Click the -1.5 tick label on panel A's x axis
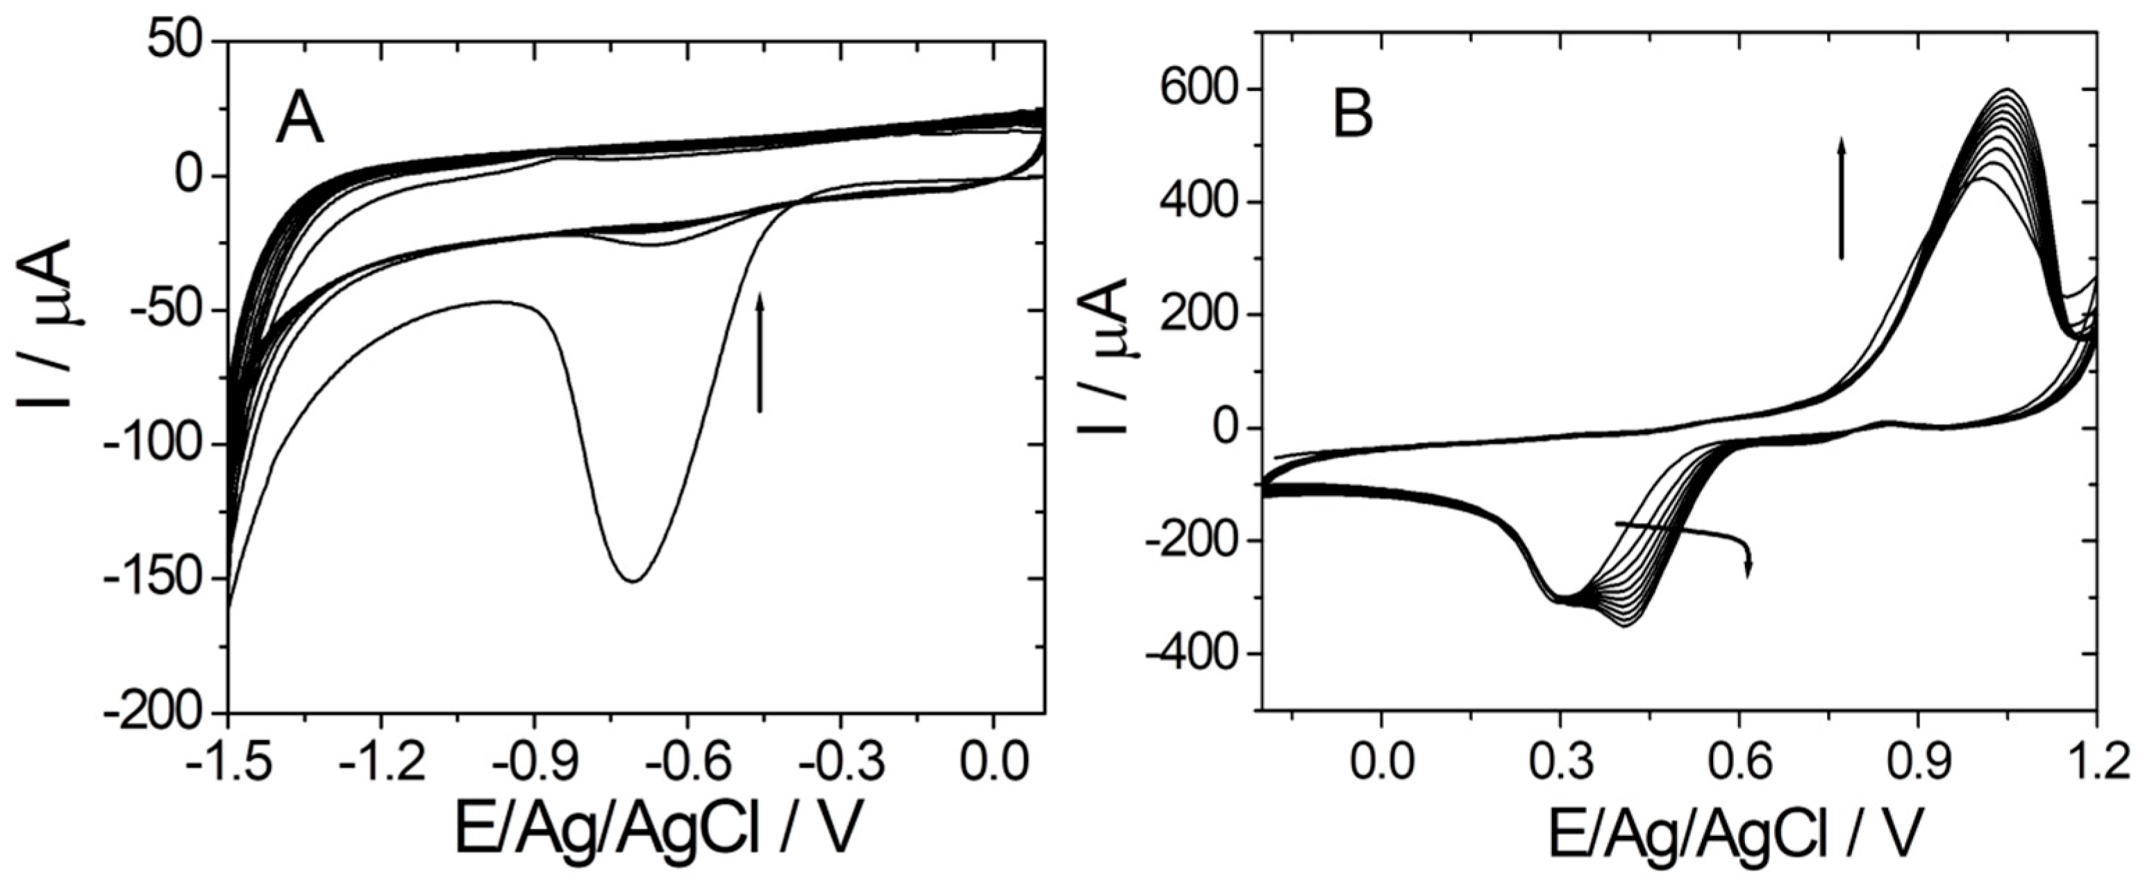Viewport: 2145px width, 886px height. pos(227,764)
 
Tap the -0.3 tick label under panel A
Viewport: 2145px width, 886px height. pos(839,764)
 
